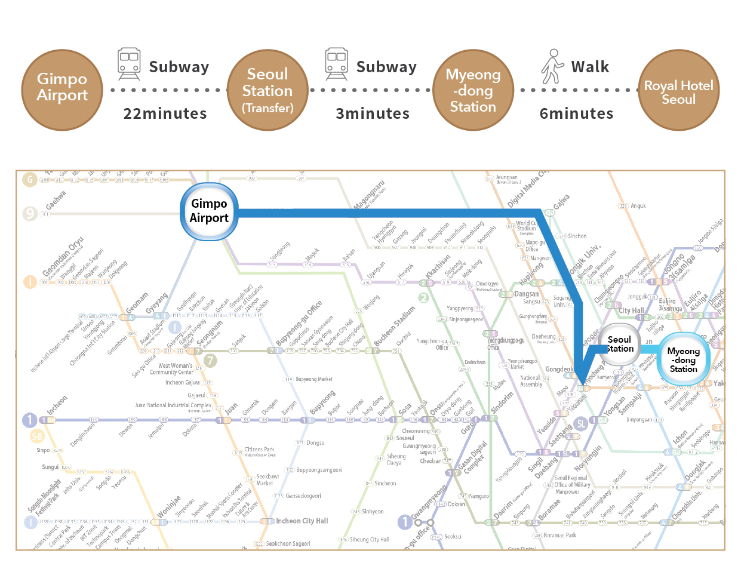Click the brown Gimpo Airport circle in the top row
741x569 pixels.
[x=62, y=90]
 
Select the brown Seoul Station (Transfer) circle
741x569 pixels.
[x=268, y=90]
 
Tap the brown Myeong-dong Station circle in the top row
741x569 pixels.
[x=473, y=90]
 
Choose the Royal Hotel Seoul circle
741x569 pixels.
[x=678, y=90]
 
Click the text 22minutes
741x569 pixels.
[x=165, y=113]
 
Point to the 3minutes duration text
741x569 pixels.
[x=373, y=113]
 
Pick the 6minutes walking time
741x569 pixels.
[x=576, y=113]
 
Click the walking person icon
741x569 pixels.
[x=552, y=66]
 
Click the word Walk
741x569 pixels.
[x=590, y=67]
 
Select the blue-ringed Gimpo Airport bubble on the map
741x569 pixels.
[x=209, y=211]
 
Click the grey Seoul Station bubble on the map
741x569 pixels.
[x=619, y=344]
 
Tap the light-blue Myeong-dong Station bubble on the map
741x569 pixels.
[x=683, y=360]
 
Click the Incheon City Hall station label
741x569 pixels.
[x=302, y=521]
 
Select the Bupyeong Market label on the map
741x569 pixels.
[x=313, y=379]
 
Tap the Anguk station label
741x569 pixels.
[x=638, y=206]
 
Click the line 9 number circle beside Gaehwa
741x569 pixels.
[x=30, y=213]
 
